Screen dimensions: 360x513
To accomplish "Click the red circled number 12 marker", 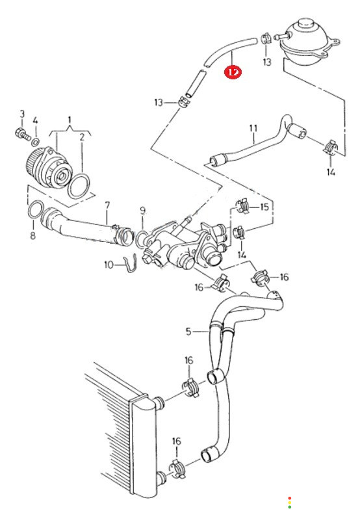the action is (233, 72).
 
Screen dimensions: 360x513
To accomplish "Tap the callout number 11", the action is (253, 129).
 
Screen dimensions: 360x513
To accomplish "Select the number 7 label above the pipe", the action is (107, 205).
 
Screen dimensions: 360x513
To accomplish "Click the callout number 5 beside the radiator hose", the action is (188, 332).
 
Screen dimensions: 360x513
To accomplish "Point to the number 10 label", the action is (109, 265).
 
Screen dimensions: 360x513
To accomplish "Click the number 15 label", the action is (264, 207).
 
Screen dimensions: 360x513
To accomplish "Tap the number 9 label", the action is (142, 211).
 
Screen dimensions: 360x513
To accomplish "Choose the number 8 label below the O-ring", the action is (32, 235).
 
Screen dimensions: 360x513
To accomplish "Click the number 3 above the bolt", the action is (22, 114).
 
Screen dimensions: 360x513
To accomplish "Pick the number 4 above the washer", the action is (35, 120).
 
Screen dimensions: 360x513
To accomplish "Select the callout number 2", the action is (82, 137).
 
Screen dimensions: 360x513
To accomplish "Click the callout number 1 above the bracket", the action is (70, 120).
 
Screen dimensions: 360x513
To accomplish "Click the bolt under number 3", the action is (22, 134).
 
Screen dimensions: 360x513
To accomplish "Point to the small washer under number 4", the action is (36, 142).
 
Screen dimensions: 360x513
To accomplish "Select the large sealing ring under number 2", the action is (79, 186).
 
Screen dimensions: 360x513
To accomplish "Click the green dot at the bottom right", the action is (290, 507).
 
